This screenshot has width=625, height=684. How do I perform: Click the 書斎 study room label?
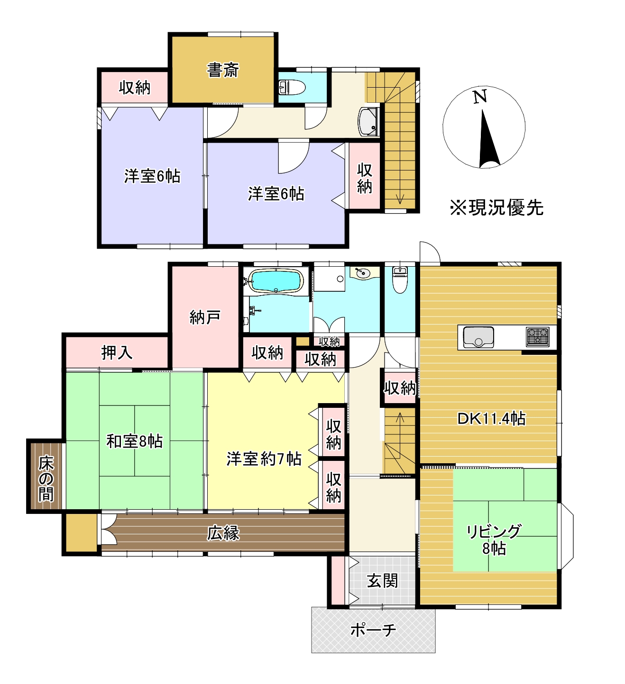pos(222,70)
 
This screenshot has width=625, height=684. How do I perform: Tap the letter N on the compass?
pos(480,97)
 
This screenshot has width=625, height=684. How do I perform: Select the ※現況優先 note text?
pos(496,207)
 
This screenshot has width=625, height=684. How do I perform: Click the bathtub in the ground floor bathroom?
pos(276,281)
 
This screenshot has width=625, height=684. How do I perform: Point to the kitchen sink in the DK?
pos(478,337)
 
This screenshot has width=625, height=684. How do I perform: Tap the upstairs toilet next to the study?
pos(292,87)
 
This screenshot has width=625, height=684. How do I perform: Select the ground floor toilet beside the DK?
pos(400,280)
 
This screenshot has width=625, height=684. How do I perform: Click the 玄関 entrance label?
pos(382,581)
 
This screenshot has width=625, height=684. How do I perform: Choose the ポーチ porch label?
pos(373,630)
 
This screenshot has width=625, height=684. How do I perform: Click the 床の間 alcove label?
pos(46,478)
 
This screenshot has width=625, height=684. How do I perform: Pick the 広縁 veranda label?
pos(223,533)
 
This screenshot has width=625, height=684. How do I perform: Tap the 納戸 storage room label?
pos(205,317)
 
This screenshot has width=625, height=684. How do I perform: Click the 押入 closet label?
pos(117,352)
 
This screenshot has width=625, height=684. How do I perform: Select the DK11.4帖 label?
pos(491,419)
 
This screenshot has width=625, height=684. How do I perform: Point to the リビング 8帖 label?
pos(494,540)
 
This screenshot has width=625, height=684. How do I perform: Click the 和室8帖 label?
pos(134,441)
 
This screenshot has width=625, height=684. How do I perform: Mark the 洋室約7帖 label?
pos(264,459)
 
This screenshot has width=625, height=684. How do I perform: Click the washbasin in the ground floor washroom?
pos(362,273)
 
